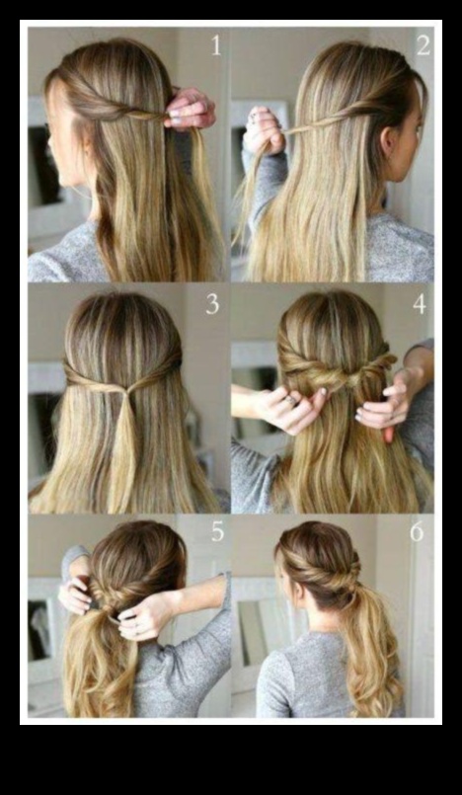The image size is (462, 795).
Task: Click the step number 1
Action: pyautogui.click(x=216, y=45)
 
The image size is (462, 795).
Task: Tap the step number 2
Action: pyautogui.click(x=423, y=45)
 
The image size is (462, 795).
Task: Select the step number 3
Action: pyautogui.click(x=212, y=303)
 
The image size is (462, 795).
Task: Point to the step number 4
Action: pyautogui.click(x=419, y=303)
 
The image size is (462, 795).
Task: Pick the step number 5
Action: pyautogui.click(x=218, y=531)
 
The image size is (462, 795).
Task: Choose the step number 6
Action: pyautogui.click(x=417, y=531)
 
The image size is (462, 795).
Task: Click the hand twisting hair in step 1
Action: pyautogui.click(x=189, y=109)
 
